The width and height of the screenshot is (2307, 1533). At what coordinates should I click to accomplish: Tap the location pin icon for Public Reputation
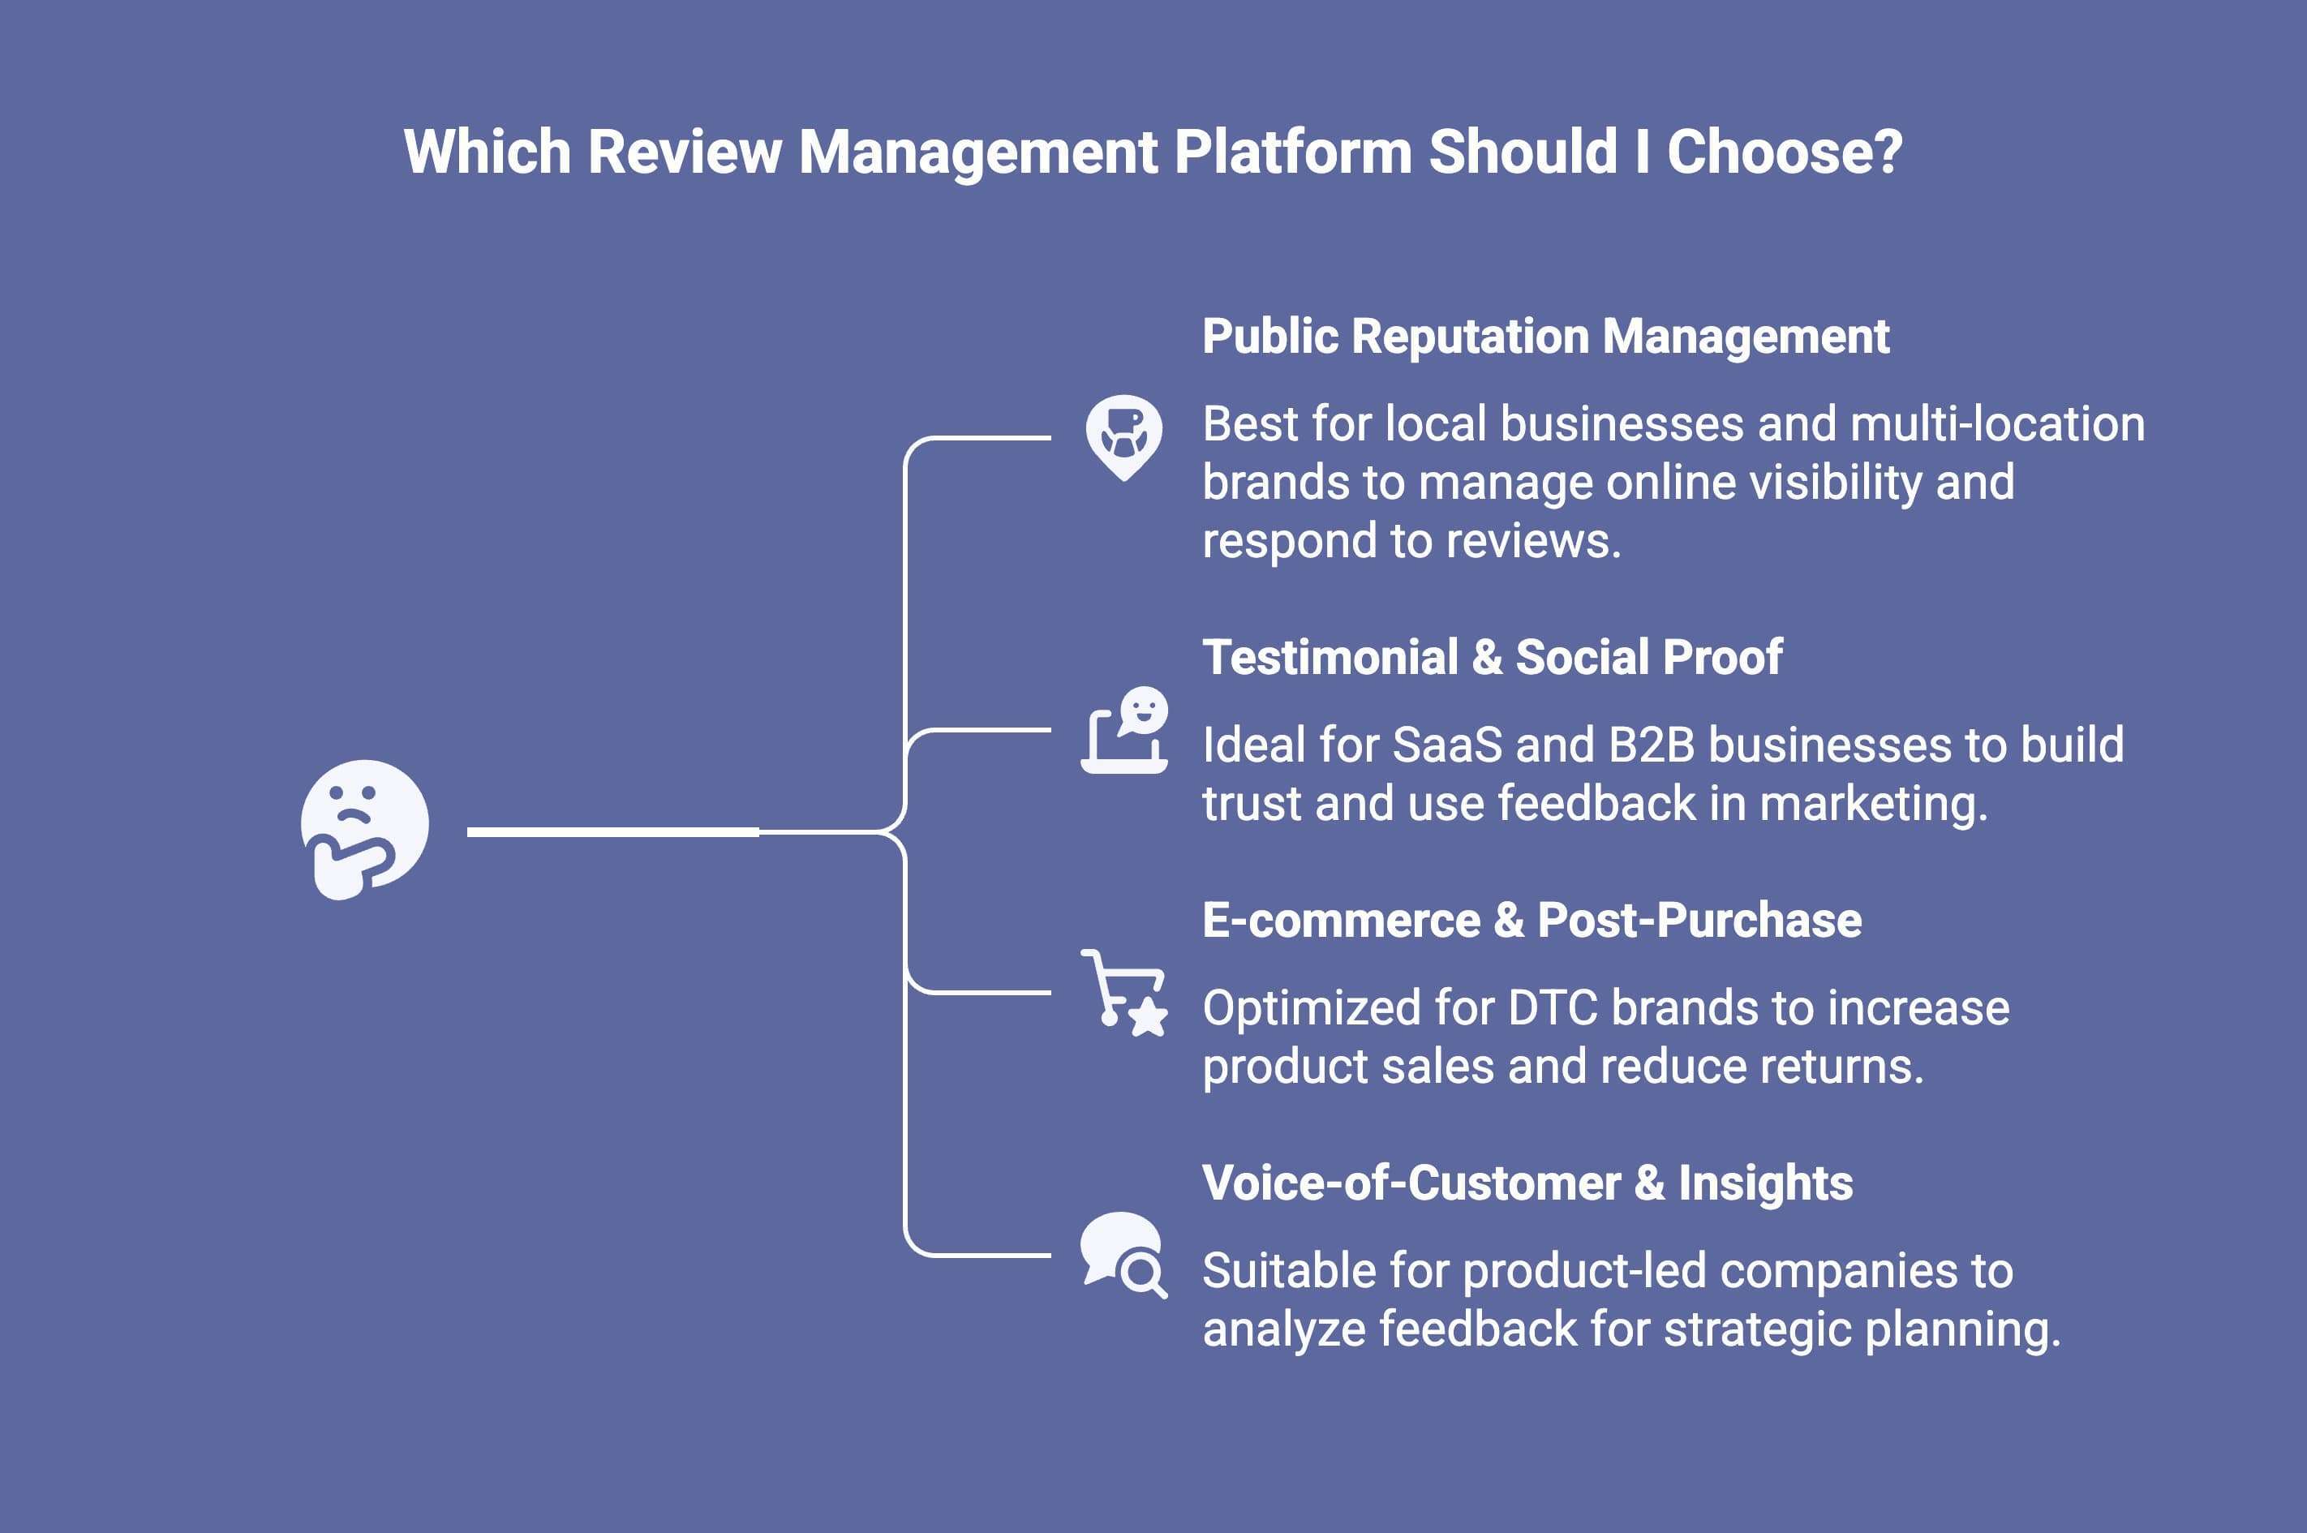pyautogui.click(x=1123, y=436)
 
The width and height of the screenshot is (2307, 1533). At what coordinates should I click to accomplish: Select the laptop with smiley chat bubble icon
pyautogui.click(x=1124, y=732)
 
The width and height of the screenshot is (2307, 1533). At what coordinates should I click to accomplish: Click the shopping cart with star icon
pyautogui.click(x=1123, y=992)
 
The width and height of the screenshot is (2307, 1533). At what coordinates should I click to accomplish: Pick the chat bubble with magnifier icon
pyautogui.click(x=1123, y=1254)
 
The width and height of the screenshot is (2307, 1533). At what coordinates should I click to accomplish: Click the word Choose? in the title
pyautogui.click(x=1784, y=152)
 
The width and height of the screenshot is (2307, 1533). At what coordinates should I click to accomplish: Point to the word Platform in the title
pyautogui.click(x=1292, y=152)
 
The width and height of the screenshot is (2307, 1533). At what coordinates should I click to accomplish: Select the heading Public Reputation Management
pyautogui.click(x=1544, y=337)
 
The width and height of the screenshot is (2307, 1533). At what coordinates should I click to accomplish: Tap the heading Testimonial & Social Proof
pyautogui.click(x=1492, y=657)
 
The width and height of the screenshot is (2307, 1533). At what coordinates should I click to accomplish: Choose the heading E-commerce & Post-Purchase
pyautogui.click(x=1531, y=920)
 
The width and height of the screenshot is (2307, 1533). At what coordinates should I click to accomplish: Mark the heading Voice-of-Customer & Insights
pyautogui.click(x=1527, y=1183)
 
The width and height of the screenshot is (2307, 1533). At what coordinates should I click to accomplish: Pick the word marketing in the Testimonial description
pyautogui.click(x=1872, y=804)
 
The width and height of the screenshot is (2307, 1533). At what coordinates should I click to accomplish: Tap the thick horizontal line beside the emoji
pyautogui.click(x=613, y=832)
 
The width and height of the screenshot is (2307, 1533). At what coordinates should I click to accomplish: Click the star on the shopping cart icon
pyautogui.click(x=1148, y=1017)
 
